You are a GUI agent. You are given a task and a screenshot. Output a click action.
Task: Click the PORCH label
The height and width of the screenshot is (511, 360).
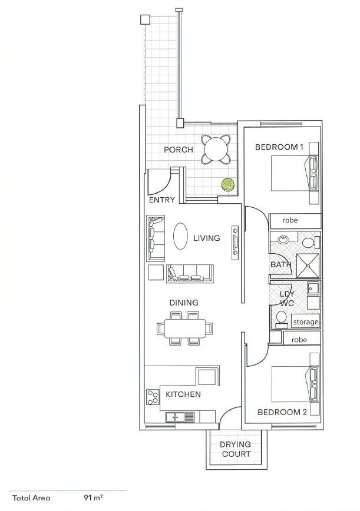[x=178, y=150]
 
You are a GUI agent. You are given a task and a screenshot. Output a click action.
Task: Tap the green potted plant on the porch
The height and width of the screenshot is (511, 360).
[x=227, y=185]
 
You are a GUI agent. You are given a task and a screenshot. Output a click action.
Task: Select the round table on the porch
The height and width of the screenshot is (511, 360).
[x=216, y=150]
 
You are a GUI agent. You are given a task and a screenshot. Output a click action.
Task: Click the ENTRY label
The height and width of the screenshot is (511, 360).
[x=161, y=200]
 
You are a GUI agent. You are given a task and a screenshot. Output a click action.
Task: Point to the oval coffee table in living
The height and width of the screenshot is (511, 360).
[x=180, y=238]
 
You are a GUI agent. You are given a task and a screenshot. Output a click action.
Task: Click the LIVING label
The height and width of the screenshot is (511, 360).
[x=206, y=238]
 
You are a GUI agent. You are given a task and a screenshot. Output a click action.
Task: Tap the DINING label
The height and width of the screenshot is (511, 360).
[x=184, y=303]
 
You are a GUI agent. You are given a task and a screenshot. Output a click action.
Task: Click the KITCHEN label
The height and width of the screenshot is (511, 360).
[x=183, y=394]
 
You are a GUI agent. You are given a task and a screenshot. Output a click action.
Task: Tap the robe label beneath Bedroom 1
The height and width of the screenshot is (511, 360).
[x=290, y=220]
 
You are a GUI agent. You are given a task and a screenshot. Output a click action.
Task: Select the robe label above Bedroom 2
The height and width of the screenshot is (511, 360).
[x=299, y=340]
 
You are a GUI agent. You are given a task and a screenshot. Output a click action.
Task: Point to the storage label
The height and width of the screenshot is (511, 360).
[x=306, y=322]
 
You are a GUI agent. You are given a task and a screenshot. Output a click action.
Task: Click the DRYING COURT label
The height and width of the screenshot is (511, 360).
[x=235, y=449]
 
